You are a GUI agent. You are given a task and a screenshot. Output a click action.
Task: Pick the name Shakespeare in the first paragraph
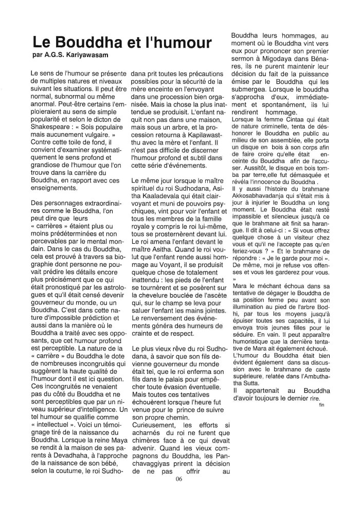[53, 128]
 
